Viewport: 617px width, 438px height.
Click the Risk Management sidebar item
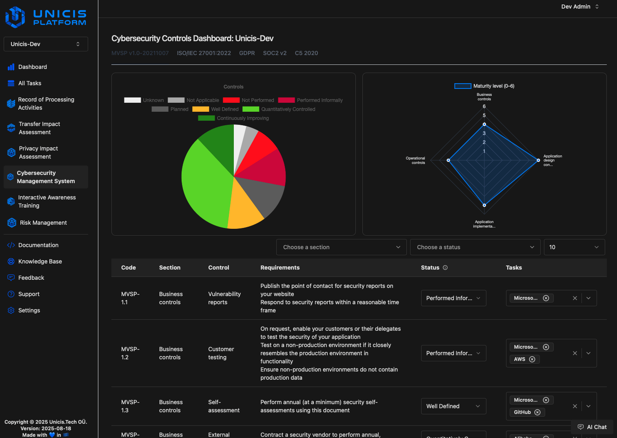(x=43, y=223)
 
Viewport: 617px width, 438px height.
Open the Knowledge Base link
(x=40, y=261)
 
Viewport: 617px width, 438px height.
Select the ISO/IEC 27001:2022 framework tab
(x=204, y=53)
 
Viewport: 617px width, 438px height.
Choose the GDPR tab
(x=247, y=53)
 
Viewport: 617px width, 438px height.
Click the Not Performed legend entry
(x=249, y=100)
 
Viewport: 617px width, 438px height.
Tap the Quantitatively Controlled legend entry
(x=279, y=109)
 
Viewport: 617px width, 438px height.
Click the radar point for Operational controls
(x=448, y=160)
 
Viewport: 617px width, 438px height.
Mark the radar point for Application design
(x=538, y=160)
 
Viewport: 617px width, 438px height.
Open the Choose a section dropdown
(x=341, y=247)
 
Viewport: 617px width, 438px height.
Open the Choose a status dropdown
(x=475, y=247)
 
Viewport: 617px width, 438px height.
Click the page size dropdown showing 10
(x=574, y=247)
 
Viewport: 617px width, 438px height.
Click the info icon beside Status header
(x=445, y=268)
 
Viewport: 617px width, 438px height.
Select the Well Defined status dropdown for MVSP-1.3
(x=453, y=406)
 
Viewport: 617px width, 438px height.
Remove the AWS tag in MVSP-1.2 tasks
(x=532, y=359)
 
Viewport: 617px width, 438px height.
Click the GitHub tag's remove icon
(x=537, y=412)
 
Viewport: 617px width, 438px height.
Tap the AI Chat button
(x=592, y=427)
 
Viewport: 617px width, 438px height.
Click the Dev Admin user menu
(x=580, y=7)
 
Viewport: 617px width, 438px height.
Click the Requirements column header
(x=280, y=268)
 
